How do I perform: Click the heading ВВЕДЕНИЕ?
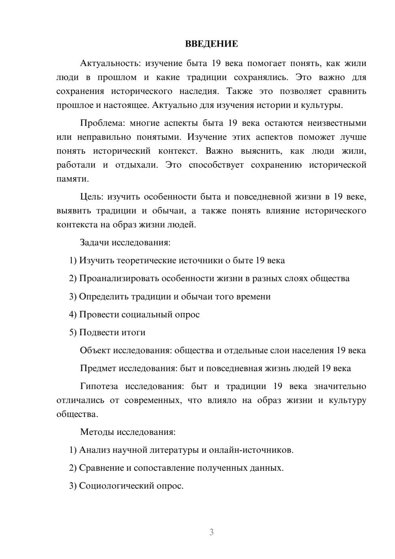211,44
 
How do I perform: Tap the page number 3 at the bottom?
211,532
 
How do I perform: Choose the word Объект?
95,350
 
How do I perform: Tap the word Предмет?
98,368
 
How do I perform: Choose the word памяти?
72,179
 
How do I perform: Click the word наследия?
199,91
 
